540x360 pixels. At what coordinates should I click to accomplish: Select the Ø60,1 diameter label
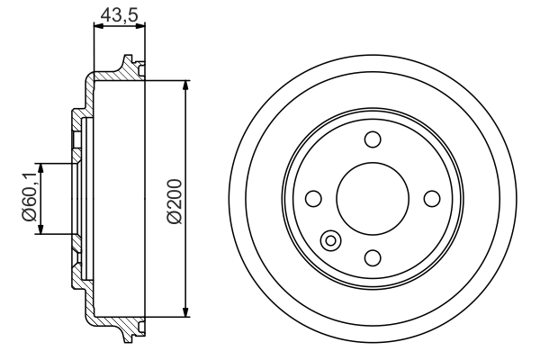click(29, 198)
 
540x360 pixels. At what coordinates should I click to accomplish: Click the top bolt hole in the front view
click(372, 139)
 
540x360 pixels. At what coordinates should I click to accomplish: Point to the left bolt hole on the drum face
click(313, 198)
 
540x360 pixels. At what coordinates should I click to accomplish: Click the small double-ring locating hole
click(330, 240)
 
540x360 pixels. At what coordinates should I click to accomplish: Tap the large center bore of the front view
click(372, 198)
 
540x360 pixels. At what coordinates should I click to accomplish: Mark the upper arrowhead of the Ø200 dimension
click(186, 86)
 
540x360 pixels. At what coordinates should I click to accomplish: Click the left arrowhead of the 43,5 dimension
click(97, 28)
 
